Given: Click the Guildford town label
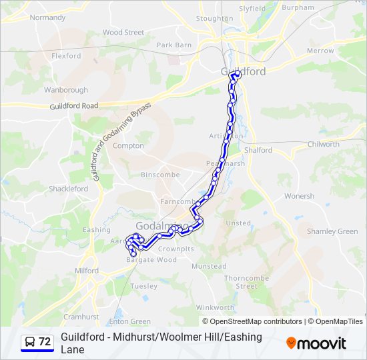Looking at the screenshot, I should (x=243, y=71).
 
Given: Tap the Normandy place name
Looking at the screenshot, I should (x=47, y=17).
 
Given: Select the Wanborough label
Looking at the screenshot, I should (x=66, y=90).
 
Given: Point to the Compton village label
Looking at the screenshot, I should (x=128, y=145).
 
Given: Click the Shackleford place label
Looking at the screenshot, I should (x=68, y=189).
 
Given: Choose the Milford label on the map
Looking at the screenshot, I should (x=87, y=271).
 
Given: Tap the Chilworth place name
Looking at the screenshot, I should (x=324, y=144).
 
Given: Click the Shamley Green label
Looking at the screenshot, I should (x=332, y=231).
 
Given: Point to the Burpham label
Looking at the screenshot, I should (x=298, y=7).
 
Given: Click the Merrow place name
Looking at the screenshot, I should (x=320, y=51).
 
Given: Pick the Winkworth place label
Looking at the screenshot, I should (x=215, y=307).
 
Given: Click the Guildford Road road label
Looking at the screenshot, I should (x=73, y=106).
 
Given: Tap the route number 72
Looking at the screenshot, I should (x=45, y=341).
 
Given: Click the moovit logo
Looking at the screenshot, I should (x=316, y=343).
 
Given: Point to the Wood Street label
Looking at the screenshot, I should (x=123, y=32).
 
